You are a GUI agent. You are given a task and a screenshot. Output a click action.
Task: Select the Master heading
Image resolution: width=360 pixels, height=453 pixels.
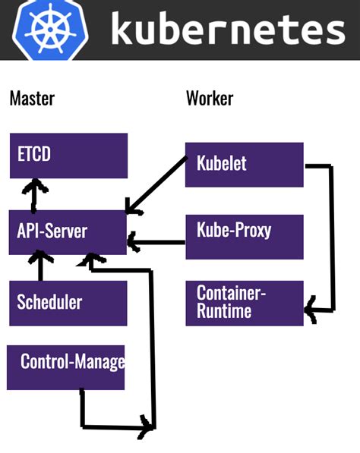tap(32, 98)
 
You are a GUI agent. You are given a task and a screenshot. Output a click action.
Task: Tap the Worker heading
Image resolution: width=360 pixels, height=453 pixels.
tap(210, 98)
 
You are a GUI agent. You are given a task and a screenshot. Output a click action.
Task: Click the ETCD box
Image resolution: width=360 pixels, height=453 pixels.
tap(68, 156)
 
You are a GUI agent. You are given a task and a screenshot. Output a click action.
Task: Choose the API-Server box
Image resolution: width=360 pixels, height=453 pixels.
tap(68, 231)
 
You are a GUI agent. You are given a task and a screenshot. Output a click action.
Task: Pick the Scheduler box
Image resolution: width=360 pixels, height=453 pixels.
tap(68, 302)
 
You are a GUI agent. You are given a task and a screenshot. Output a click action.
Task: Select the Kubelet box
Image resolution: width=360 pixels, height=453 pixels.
tap(244, 164)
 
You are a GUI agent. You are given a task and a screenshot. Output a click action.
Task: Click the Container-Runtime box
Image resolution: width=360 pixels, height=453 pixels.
tap(244, 303)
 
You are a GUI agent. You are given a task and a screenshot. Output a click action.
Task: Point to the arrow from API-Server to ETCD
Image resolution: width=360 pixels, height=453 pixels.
tap(33, 196)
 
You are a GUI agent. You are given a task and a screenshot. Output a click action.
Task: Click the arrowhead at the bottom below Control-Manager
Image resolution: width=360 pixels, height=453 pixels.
tap(144, 428)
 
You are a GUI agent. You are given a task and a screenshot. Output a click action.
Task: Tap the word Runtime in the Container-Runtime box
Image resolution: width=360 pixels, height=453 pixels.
tap(224, 311)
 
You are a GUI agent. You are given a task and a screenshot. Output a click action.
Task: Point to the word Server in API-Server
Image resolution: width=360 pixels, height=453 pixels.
tap(66, 231)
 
